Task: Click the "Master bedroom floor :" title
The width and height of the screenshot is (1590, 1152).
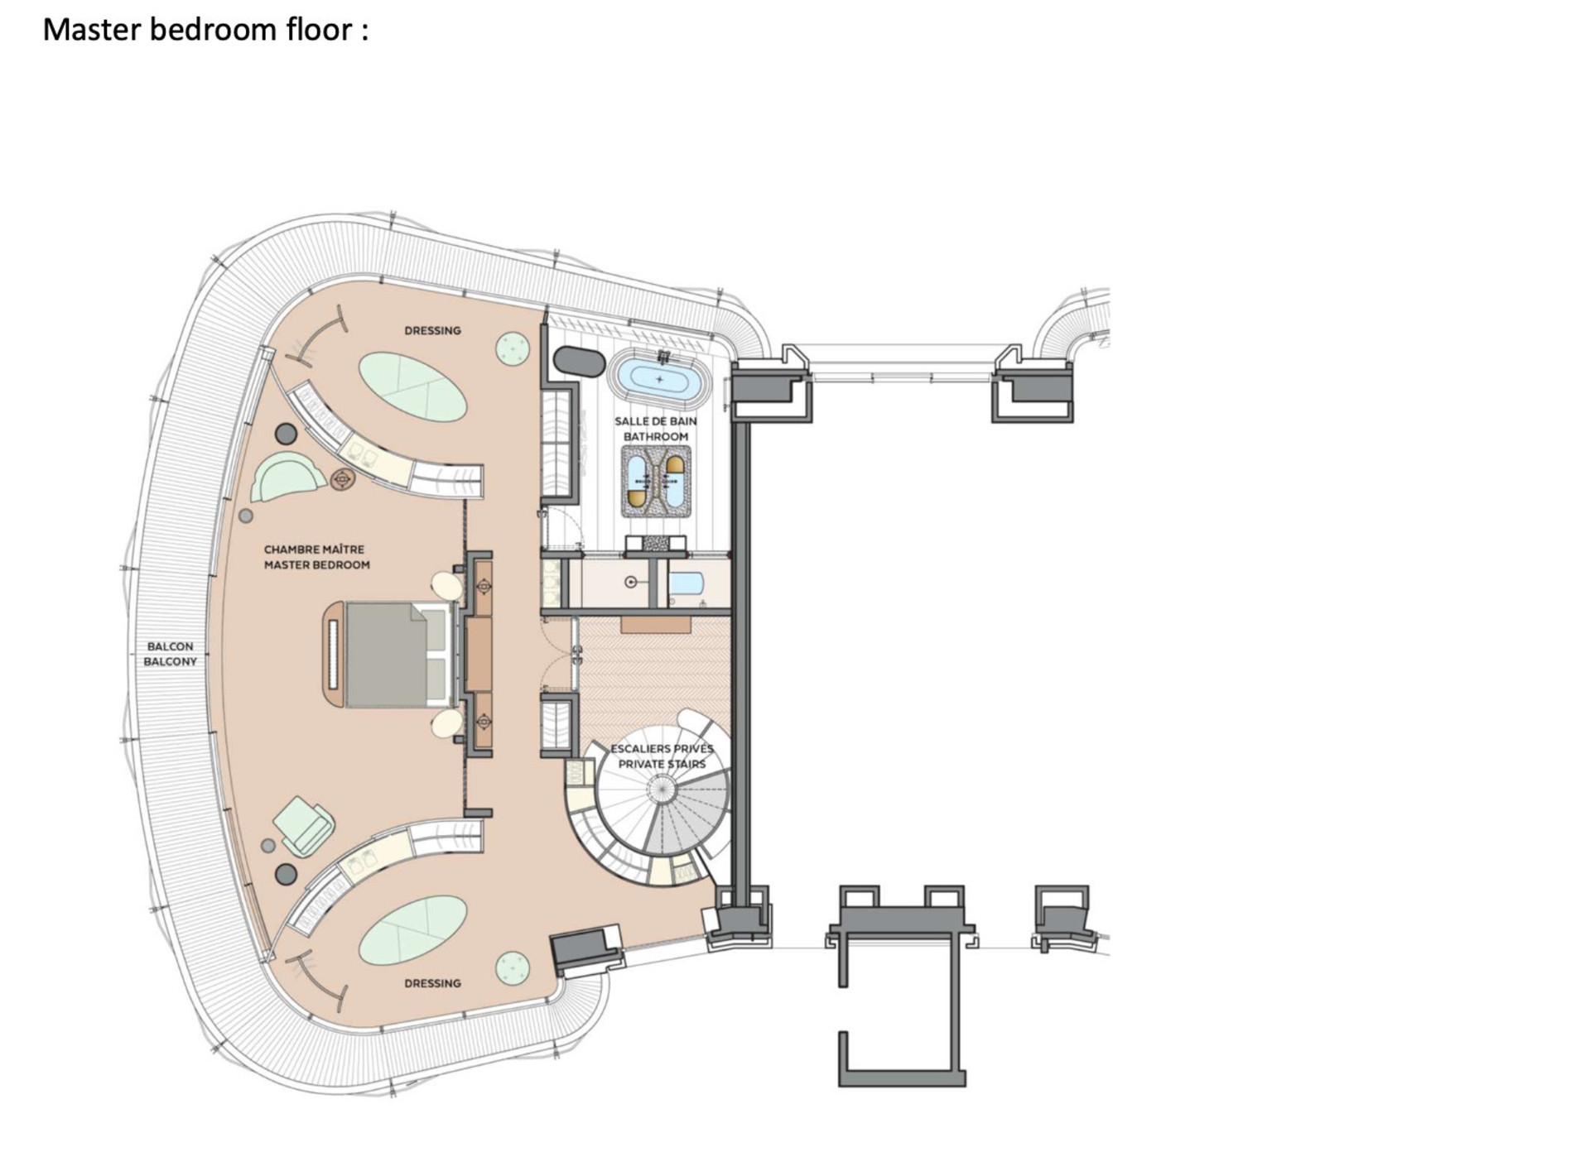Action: pyautogui.click(x=205, y=31)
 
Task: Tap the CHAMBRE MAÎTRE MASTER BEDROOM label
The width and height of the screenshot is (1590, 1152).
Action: pyautogui.click(x=316, y=557)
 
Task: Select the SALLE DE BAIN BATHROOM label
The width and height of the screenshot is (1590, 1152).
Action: pyautogui.click(x=656, y=429)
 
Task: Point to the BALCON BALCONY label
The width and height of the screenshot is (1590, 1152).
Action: pyautogui.click(x=171, y=654)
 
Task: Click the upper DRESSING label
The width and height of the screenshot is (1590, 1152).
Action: pyautogui.click(x=432, y=331)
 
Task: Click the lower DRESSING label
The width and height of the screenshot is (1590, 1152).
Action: pyautogui.click(x=432, y=983)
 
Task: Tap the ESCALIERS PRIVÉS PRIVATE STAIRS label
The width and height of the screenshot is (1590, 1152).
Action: pyautogui.click(x=662, y=756)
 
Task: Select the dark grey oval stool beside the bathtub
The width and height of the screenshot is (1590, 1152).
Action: pyautogui.click(x=580, y=362)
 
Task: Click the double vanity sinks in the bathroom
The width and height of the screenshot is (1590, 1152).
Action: pyautogui.click(x=656, y=481)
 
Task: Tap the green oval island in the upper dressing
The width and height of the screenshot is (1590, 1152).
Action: pyautogui.click(x=412, y=386)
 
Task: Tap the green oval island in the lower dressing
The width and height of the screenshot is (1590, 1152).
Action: pyautogui.click(x=413, y=929)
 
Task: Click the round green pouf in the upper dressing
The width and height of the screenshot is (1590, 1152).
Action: pyautogui.click(x=513, y=348)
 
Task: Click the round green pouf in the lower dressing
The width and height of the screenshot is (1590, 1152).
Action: pyautogui.click(x=513, y=968)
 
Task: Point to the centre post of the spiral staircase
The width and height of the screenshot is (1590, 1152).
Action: pyautogui.click(x=661, y=790)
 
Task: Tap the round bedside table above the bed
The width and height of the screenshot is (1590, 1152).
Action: pyautogui.click(x=447, y=586)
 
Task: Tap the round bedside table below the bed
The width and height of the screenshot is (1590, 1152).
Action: pyautogui.click(x=447, y=722)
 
